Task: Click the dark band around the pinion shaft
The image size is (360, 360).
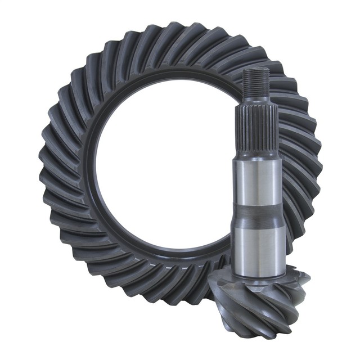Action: pyautogui.click(x=258, y=211)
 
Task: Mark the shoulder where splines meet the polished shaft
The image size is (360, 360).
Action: pyautogui.click(x=257, y=152)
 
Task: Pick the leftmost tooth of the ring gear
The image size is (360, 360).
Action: pyautogui.click(x=46, y=163)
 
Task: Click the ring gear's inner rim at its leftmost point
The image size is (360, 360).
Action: pyautogui.click(x=92, y=169)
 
